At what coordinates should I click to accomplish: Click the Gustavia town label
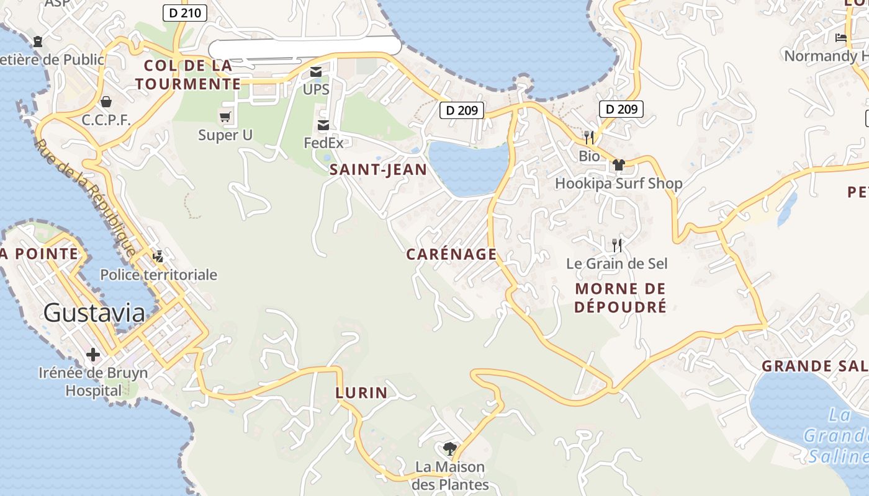click(x=94, y=313)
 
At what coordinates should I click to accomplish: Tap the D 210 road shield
click(x=185, y=12)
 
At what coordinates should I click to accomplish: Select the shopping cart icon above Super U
click(x=225, y=117)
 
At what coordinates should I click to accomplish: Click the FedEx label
click(x=323, y=143)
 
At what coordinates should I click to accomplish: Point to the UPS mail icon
click(x=316, y=72)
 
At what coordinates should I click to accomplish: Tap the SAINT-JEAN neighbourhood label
click(x=378, y=170)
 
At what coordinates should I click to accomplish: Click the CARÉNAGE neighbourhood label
click(x=451, y=254)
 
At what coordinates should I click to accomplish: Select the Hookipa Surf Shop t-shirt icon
click(x=618, y=165)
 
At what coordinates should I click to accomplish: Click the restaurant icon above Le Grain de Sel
click(x=616, y=245)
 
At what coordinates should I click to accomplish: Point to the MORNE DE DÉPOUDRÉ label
click(x=620, y=298)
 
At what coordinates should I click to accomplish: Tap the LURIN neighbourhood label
click(x=361, y=392)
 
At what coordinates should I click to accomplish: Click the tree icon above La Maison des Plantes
click(x=450, y=448)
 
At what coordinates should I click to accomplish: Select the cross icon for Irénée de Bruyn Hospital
click(x=93, y=355)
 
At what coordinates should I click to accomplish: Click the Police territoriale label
click(x=158, y=275)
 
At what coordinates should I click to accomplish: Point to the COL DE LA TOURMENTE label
click(x=187, y=74)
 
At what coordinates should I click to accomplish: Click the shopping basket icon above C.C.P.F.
click(x=106, y=101)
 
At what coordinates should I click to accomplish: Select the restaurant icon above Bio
click(x=589, y=137)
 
